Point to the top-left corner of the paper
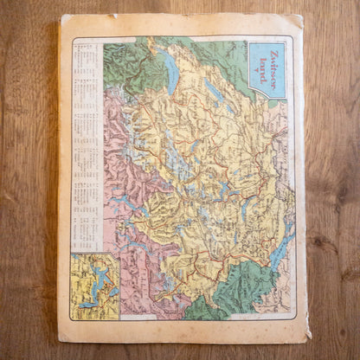point(61,17)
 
